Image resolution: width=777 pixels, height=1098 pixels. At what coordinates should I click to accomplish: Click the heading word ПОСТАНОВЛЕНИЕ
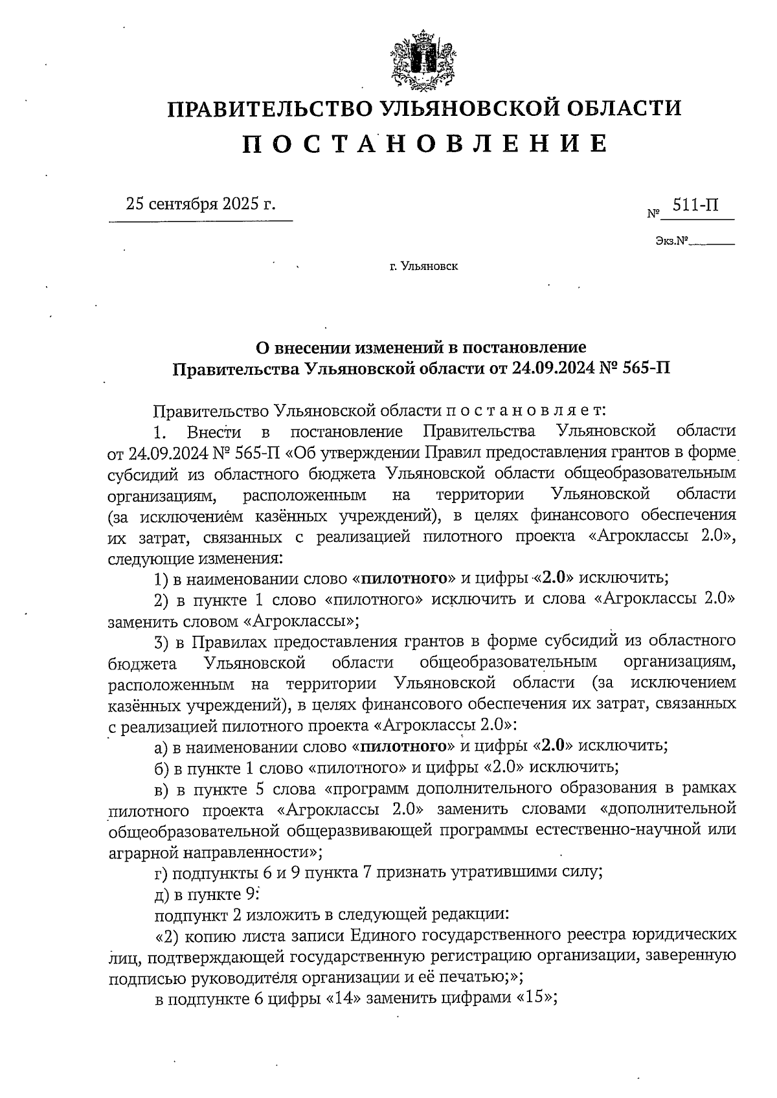pyautogui.click(x=425, y=144)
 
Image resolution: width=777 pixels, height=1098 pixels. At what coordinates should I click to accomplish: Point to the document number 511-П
pyautogui.click(x=695, y=206)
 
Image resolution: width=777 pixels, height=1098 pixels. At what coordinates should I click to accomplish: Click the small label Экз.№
pyautogui.click(x=670, y=242)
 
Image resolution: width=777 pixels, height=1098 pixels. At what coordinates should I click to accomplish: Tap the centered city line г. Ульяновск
pyautogui.click(x=424, y=266)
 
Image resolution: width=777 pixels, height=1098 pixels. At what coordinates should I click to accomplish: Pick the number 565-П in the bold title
pyautogui.click(x=638, y=369)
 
